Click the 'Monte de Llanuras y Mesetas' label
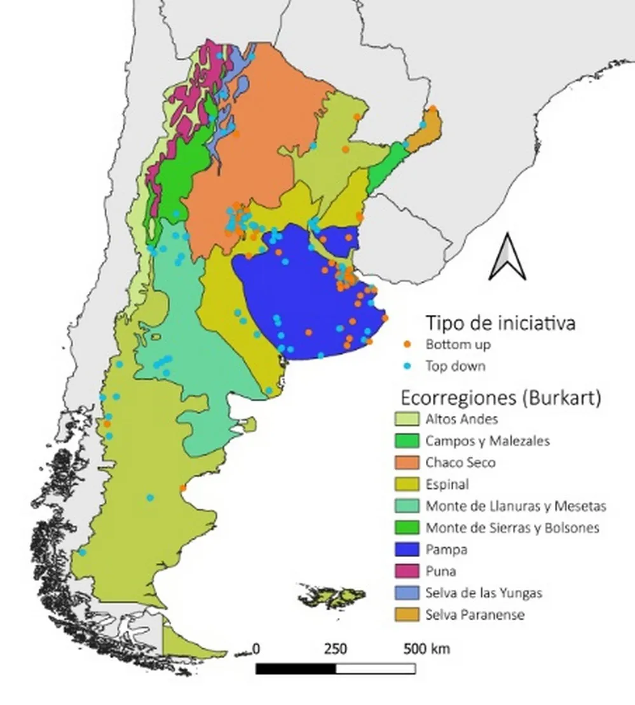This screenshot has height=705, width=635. (x=516, y=506)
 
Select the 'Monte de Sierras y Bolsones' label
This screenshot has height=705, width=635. (x=513, y=528)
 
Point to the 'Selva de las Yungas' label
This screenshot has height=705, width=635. (x=484, y=593)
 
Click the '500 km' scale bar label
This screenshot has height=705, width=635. (x=427, y=649)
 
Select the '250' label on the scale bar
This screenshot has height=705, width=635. (x=336, y=649)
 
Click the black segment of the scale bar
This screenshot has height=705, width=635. (x=296, y=668)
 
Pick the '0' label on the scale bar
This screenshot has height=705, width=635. (x=256, y=649)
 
